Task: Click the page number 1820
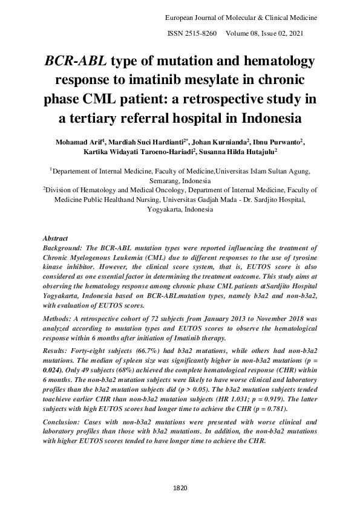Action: [180, 487]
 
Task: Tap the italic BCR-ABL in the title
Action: [76, 62]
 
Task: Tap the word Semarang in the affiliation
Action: [167, 181]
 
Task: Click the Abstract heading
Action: [57, 239]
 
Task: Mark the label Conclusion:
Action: [65, 423]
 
